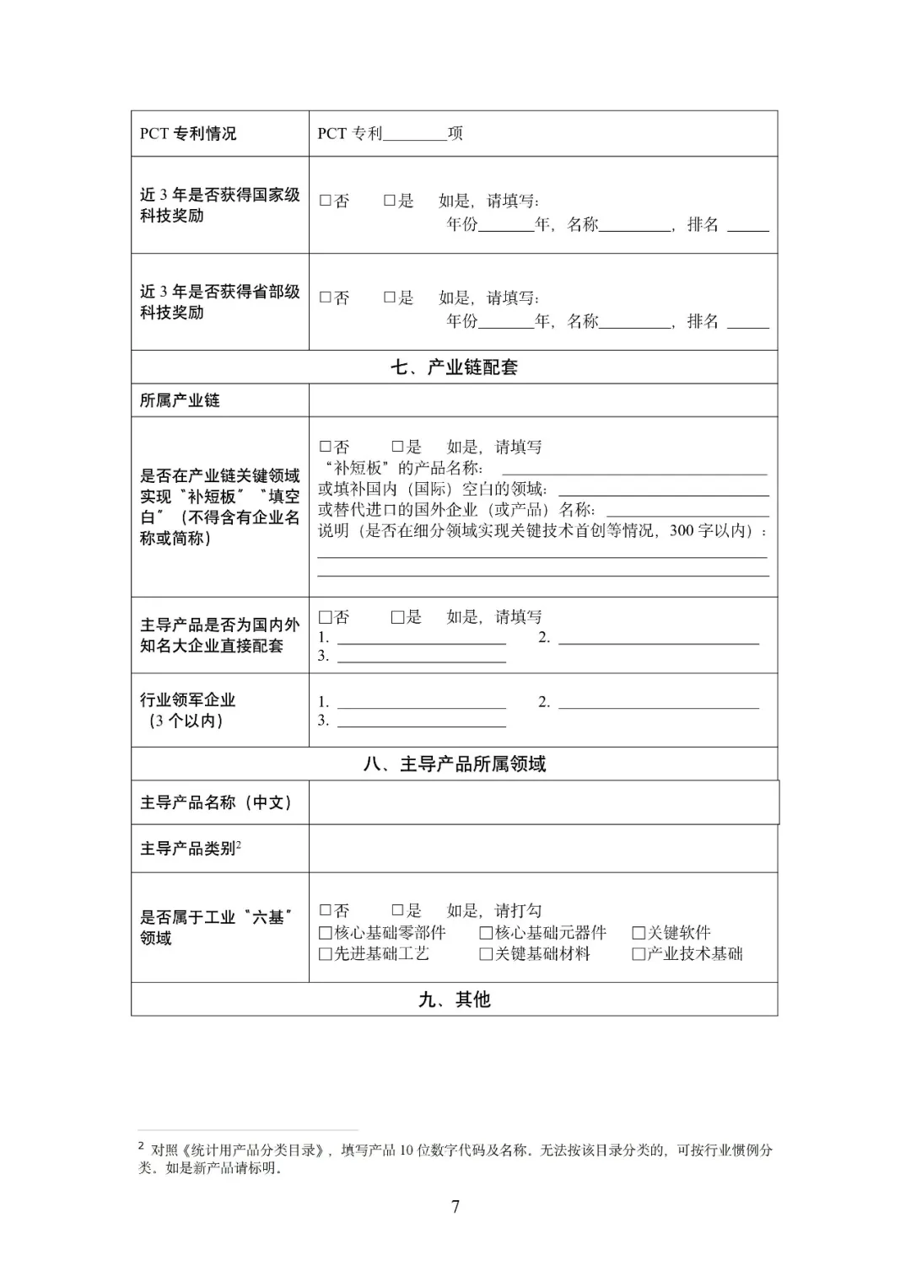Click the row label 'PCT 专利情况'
click(x=188, y=134)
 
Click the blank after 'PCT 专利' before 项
click(x=414, y=134)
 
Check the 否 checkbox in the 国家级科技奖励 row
click(x=325, y=201)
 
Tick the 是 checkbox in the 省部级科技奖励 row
click(x=390, y=298)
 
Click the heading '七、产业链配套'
click(x=454, y=367)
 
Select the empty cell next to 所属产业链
click(x=542, y=400)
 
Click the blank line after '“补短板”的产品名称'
click(x=633, y=469)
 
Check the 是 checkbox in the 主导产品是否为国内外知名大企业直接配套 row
click(x=397, y=617)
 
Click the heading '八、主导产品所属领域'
click(x=454, y=764)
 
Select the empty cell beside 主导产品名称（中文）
click(x=542, y=802)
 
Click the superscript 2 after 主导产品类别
click(x=239, y=845)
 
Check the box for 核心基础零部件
click(x=325, y=933)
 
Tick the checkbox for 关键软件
click(x=639, y=933)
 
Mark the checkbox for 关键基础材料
click(x=486, y=954)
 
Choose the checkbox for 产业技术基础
click(x=639, y=954)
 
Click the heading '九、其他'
click(x=454, y=1000)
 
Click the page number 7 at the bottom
click(x=455, y=1207)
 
